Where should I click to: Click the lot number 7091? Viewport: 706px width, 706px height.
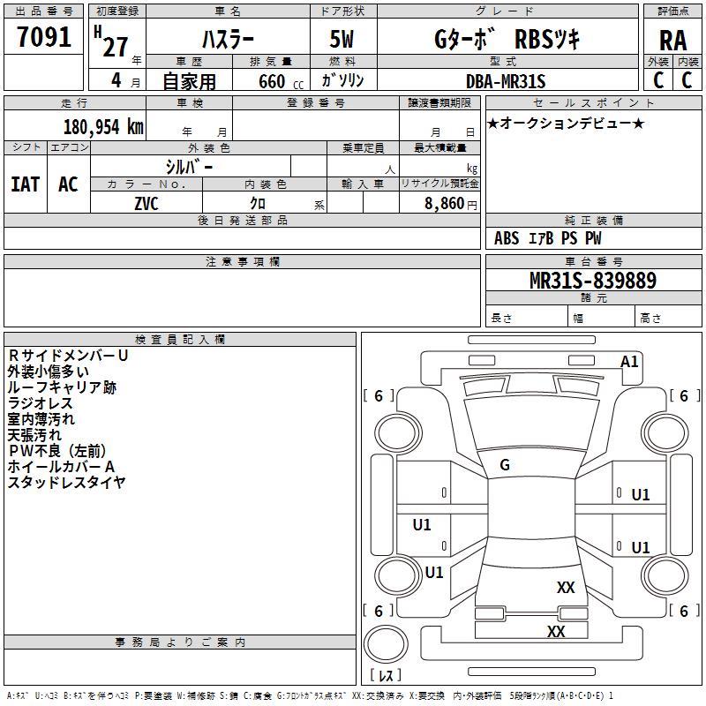click(43, 37)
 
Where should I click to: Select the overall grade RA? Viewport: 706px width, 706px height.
click(672, 41)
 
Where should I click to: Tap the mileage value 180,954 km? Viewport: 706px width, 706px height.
click(103, 127)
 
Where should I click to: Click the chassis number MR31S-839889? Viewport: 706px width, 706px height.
click(593, 281)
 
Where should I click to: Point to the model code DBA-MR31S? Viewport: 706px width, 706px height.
click(506, 81)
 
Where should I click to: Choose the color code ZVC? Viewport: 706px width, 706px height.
click(146, 204)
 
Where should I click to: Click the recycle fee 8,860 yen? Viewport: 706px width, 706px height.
click(451, 204)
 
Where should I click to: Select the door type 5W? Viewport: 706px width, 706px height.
click(342, 39)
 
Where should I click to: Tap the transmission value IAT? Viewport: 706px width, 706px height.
click(26, 184)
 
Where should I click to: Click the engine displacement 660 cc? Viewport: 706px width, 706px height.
click(281, 81)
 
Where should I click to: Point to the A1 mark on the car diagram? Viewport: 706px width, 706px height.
click(629, 362)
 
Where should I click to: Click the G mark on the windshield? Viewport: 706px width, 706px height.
click(505, 465)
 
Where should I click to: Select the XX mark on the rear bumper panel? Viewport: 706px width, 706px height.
click(556, 631)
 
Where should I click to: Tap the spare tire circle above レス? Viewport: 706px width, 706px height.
click(386, 644)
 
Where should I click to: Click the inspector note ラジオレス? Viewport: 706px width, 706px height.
click(40, 403)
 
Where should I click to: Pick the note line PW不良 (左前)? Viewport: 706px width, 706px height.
click(56, 451)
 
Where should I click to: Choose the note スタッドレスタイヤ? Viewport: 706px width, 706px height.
click(66, 482)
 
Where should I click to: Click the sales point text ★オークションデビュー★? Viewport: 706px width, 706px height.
click(566, 123)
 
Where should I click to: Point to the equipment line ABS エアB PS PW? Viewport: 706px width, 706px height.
click(547, 237)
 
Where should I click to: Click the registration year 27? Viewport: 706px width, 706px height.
click(116, 47)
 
